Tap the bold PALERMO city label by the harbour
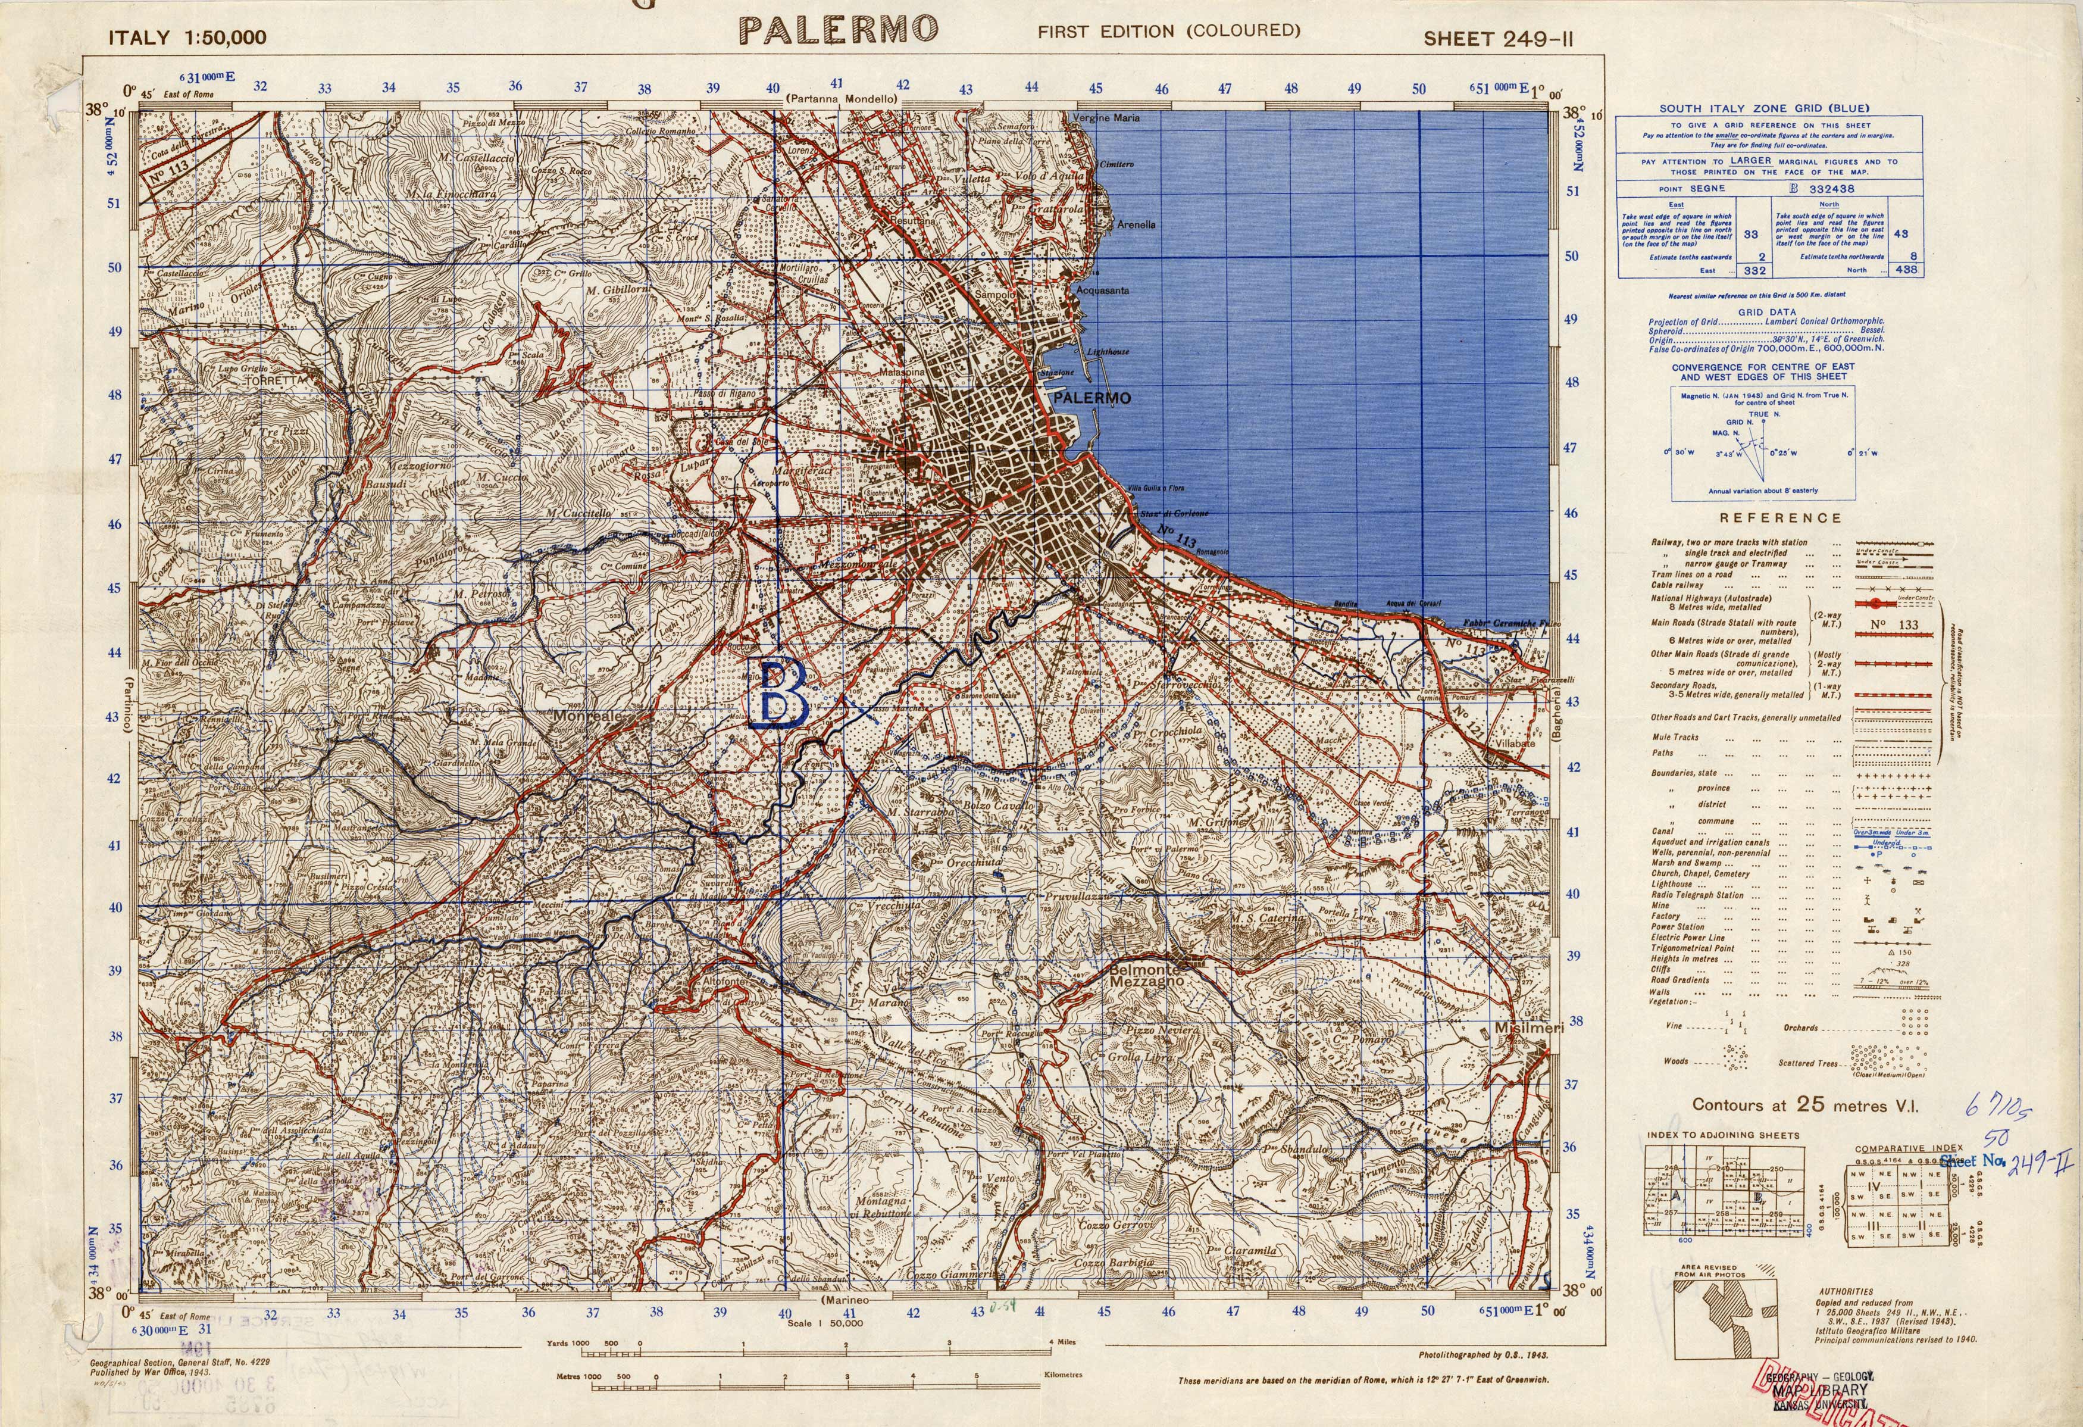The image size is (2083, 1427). [1093, 398]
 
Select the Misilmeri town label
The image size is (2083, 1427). [1528, 1028]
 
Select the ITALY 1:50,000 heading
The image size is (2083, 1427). [187, 38]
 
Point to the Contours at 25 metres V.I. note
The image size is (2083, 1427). [1805, 1105]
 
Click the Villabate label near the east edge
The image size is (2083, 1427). [1522, 743]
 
